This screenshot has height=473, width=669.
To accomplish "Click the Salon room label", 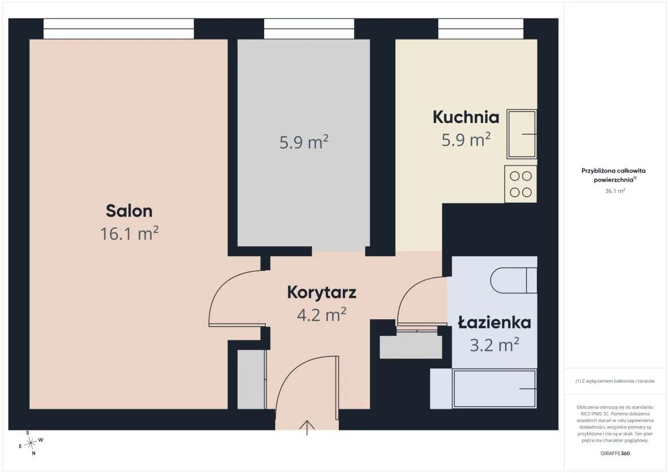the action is pos(129,211).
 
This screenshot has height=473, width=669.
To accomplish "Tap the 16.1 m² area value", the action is pos(129,233).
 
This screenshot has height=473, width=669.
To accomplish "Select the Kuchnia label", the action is pos(466,118).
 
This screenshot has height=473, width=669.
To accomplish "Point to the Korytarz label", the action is pos(322,292).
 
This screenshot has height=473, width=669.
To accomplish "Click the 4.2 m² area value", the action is pos(322,315).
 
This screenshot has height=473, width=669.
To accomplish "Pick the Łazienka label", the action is pos(495,323).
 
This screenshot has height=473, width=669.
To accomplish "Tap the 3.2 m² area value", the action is pos(495,345).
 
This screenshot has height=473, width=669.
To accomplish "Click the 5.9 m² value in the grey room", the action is pos(304,142).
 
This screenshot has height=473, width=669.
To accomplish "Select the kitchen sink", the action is pos(522,134).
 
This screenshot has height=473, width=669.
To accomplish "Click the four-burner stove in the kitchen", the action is pos(521,184).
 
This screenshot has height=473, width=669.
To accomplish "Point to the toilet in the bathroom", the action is pos(513,281).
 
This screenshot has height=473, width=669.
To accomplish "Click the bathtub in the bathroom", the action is pos(495,388).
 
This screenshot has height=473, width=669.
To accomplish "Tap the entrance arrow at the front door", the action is pos(307,428).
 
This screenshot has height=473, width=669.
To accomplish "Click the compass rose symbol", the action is pos(31,443).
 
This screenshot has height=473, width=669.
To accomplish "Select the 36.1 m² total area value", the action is pos(615,191).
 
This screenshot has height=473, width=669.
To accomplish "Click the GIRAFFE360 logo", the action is pos(615,454).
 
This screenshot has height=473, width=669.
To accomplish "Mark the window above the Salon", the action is pos(119,28).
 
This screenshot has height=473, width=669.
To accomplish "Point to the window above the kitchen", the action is pos(481,28).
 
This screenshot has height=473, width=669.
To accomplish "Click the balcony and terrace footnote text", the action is pos(615,381).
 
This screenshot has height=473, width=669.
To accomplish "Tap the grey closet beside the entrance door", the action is pos(251,379).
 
